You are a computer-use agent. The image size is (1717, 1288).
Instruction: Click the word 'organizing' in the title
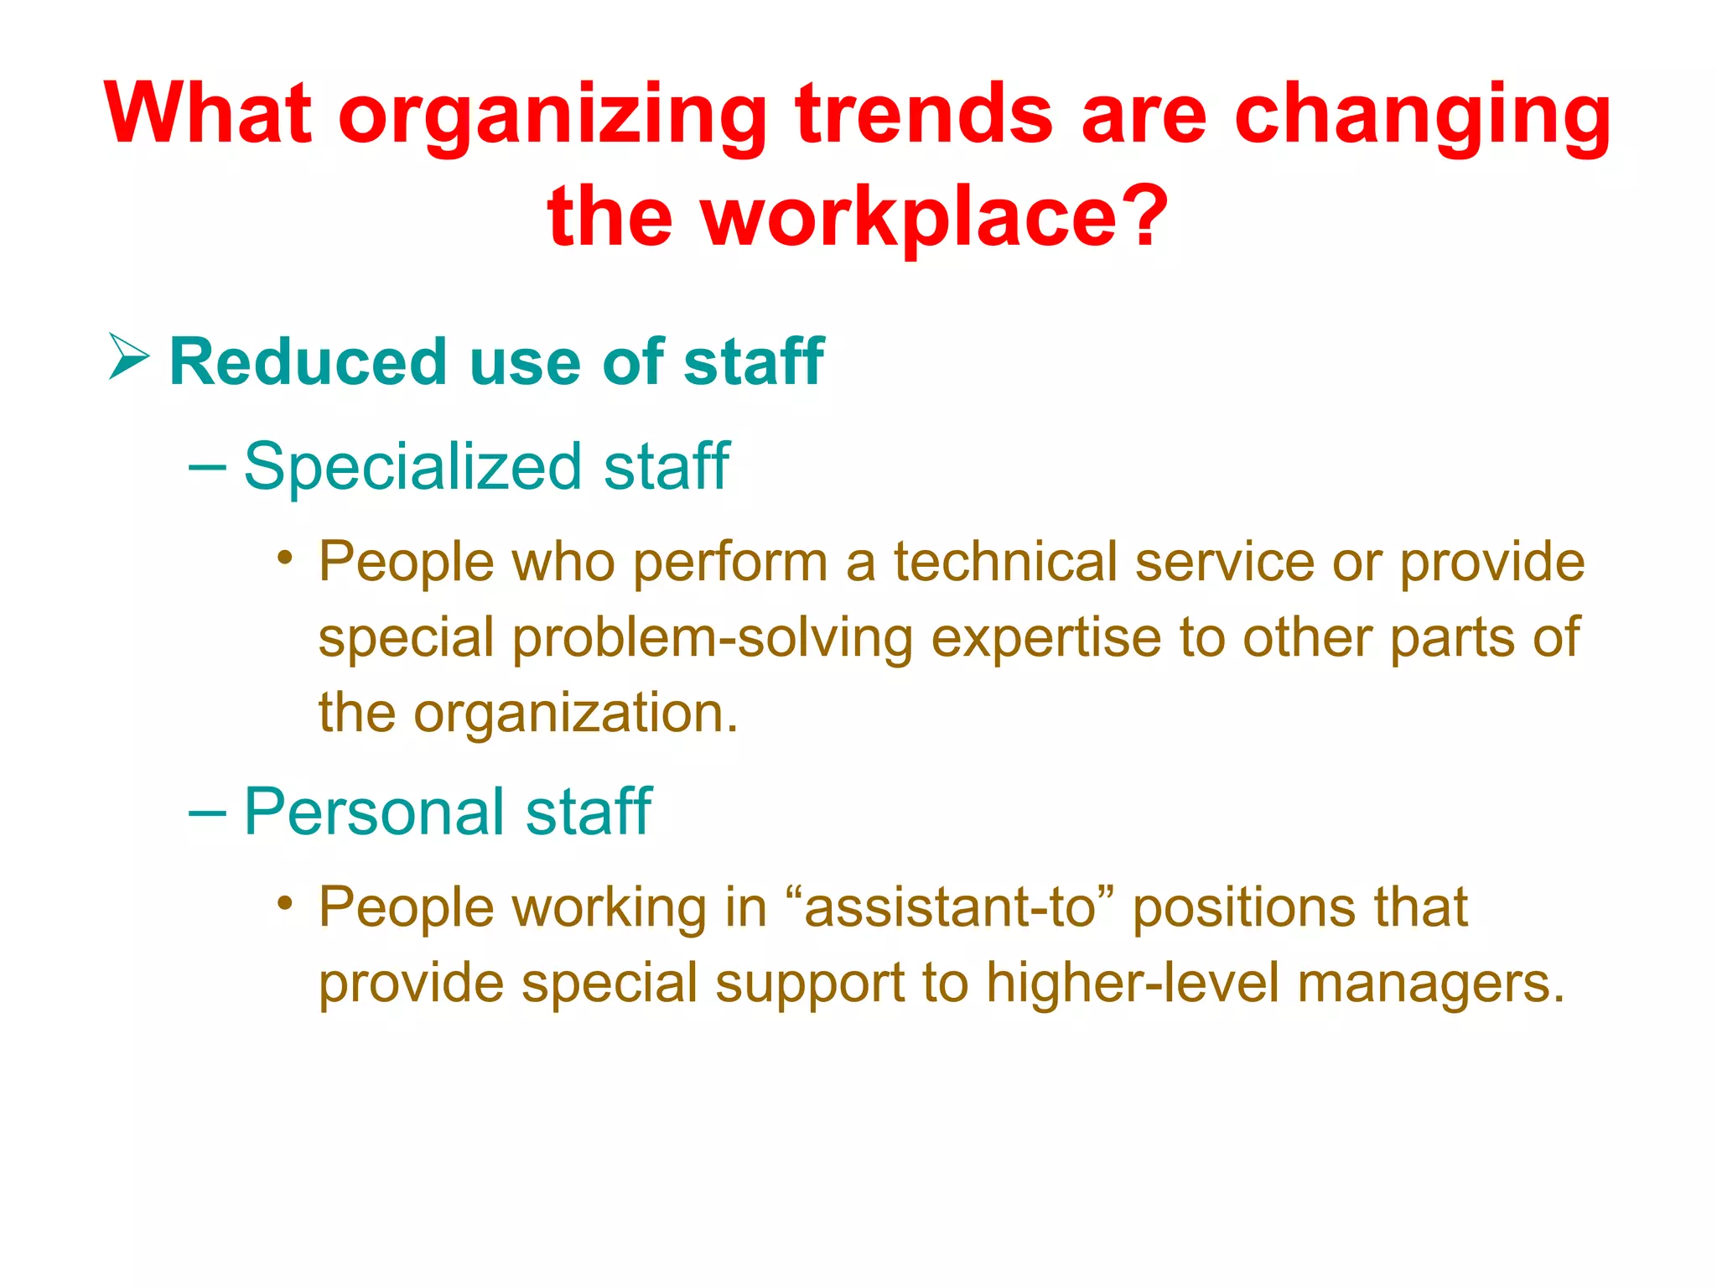[x=552, y=117]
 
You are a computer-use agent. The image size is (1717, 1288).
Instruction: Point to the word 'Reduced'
[x=307, y=362]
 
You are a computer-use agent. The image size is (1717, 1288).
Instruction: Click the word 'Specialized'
[x=412, y=467]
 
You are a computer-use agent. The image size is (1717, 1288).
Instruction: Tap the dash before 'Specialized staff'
[x=207, y=467]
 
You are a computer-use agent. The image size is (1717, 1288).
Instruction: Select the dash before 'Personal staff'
[x=207, y=813]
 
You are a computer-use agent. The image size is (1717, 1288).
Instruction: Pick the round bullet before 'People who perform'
[x=286, y=558]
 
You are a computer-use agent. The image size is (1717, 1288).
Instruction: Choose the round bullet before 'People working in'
[x=286, y=903]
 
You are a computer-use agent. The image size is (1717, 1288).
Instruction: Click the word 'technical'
[x=1005, y=561]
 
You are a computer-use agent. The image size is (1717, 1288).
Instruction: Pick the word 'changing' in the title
[x=1422, y=117]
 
